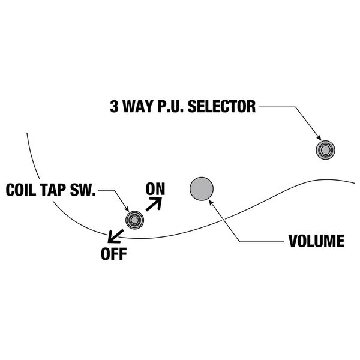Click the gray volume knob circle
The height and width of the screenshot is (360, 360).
pyautogui.click(x=202, y=189)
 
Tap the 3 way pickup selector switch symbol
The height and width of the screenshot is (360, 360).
pyautogui.click(x=325, y=149)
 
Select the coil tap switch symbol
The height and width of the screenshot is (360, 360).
pyautogui.click(x=134, y=220)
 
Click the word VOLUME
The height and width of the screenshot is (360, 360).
pyautogui.click(x=316, y=242)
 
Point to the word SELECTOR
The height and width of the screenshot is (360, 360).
pyautogui.click(x=222, y=107)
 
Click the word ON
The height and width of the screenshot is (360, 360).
pyautogui.click(x=155, y=188)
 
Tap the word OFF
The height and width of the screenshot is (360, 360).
pyautogui.click(x=113, y=253)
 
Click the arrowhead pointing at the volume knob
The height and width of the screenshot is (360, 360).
pyautogui.click(x=211, y=202)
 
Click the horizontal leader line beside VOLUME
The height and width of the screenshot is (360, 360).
pyautogui.click(x=261, y=242)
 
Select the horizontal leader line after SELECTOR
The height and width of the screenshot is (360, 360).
pyautogui.click(x=276, y=107)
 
